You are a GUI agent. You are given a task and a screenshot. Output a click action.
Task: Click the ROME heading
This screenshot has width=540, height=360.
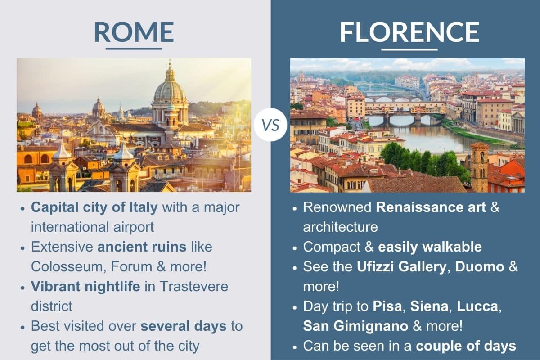(x=134, y=32)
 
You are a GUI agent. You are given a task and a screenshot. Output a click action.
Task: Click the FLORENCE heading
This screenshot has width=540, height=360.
(x=409, y=32)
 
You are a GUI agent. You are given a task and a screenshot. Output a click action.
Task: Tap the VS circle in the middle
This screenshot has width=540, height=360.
(x=270, y=125)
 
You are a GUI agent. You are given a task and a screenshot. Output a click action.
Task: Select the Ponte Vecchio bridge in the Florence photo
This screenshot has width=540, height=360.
(x=405, y=108)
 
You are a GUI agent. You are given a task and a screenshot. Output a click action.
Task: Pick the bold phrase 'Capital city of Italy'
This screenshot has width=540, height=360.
(x=94, y=207)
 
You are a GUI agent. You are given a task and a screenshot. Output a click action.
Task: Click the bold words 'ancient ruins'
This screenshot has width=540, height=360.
(x=142, y=247)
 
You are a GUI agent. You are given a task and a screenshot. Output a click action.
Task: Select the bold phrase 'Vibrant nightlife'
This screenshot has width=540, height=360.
(x=85, y=286)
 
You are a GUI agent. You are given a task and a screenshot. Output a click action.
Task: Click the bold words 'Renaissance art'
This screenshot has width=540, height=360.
(x=431, y=207)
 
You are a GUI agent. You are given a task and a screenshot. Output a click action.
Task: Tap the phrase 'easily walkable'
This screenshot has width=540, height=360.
(x=430, y=247)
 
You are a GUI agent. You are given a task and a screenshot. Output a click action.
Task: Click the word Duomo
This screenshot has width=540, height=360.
(x=480, y=266)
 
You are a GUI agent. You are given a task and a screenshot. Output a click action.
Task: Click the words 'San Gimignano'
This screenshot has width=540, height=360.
(x=349, y=326)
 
